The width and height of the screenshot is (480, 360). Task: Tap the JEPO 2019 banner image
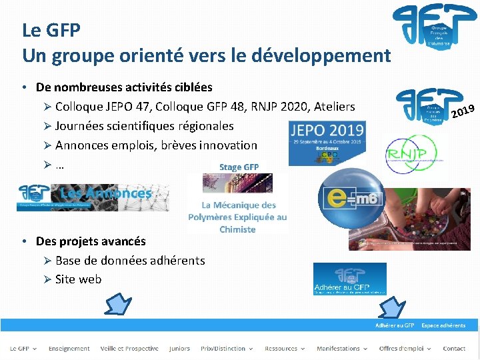pyautogui.click(x=327, y=143)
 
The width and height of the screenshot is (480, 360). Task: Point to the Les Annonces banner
pyautogui.click(x=93, y=197)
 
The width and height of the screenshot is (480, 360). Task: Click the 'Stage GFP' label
pyautogui.click(x=238, y=167)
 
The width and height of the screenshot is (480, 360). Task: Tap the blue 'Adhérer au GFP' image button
pyautogui.click(x=349, y=279)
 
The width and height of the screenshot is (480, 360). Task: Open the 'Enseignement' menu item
pyautogui.click(x=69, y=349)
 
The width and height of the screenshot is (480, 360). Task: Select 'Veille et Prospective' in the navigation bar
pyautogui.click(x=129, y=349)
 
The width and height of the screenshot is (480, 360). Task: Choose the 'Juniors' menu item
pyautogui.click(x=179, y=349)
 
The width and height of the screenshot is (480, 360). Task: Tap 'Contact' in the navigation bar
pyautogui.click(x=454, y=349)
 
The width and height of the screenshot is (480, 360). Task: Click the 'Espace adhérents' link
pyautogui.click(x=443, y=325)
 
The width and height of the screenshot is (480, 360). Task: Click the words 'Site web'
pyautogui.click(x=78, y=279)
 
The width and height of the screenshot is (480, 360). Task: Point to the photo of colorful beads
pyautogui.click(x=409, y=219)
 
